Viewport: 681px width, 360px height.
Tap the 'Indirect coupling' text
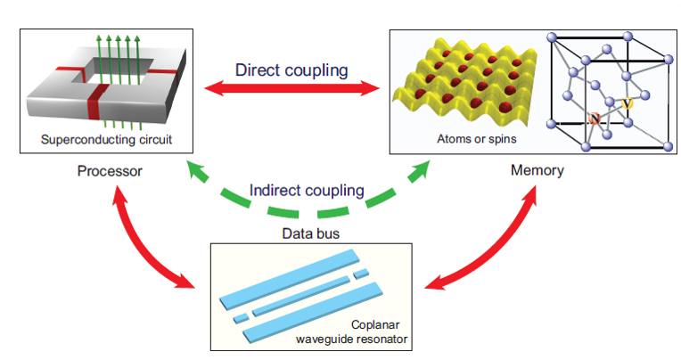[307, 190]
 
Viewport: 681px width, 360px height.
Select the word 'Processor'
[109, 169]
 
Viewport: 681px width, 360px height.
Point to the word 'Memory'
[537, 169]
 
